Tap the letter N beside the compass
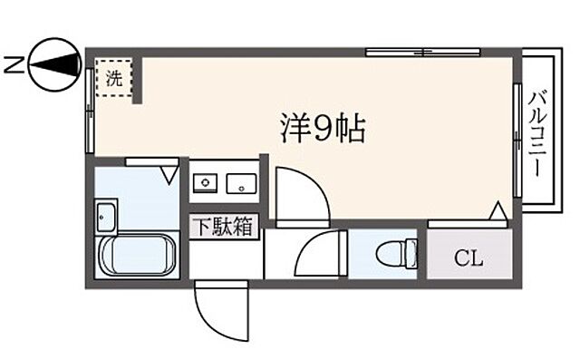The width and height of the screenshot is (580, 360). pos(11,63)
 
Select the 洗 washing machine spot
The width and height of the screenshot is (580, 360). pos(114,78)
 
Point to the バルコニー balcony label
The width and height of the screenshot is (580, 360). pos(537,136)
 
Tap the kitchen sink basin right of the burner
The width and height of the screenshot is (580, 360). pos(243,184)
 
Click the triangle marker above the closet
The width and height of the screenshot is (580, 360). pos(497,211)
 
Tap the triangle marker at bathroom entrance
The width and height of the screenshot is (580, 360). pos(169,171)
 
